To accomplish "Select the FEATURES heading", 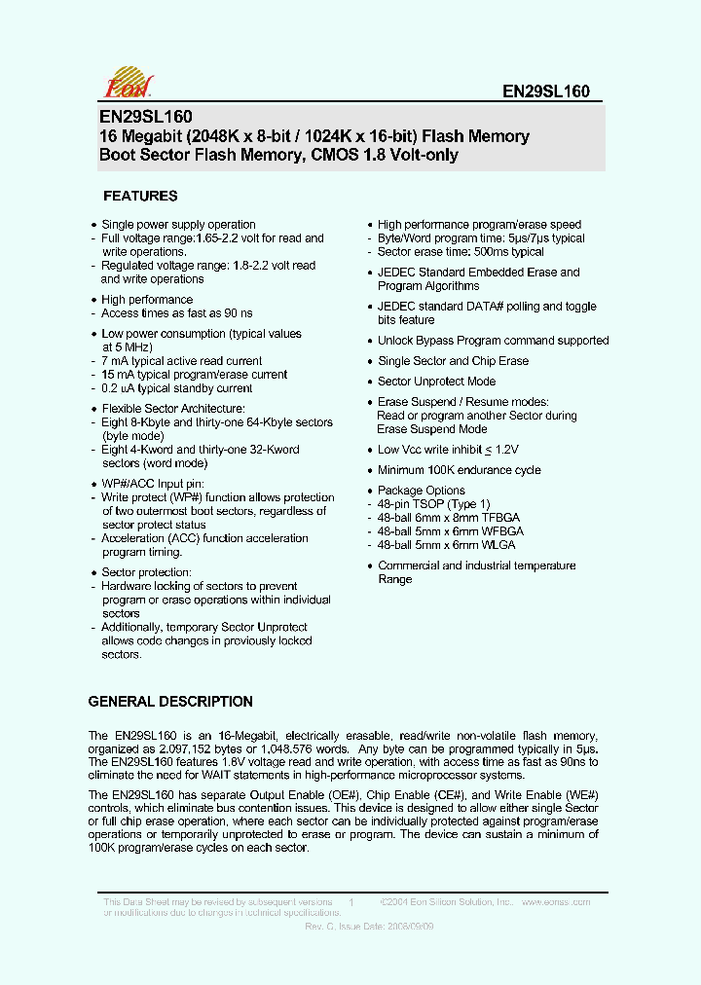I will pyautogui.click(x=140, y=196).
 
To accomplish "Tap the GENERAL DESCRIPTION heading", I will pyautogui.click(x=170, y=702).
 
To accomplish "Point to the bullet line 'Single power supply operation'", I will pyautogui.click(x=178, y=225).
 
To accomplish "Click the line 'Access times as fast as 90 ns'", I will pyautogui.click(x=176, y=313).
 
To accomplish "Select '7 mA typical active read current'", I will pyautogui.click(x=181, y=361).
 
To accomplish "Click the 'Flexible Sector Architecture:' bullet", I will pyautogui.click(x=173, y=409).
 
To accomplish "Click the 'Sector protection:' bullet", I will pyautogui.click(x=146, y=572).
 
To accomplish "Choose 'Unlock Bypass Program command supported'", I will pyautogui.click(x=493, y=341).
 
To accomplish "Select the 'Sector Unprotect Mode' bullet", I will pyautogui.click(x=436, y=382).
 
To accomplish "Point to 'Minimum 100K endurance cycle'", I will pyautogui.click(x=459, y=470).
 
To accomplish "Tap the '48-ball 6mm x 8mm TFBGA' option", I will pyautogui.click(x=451, y=518).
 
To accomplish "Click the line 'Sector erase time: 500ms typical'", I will pyautogui.click(x=461, y=252).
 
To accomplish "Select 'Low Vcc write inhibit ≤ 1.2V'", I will pyautogui.click(x=448, y=450).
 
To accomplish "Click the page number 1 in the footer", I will pyautogui.click(x=350, y=903).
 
